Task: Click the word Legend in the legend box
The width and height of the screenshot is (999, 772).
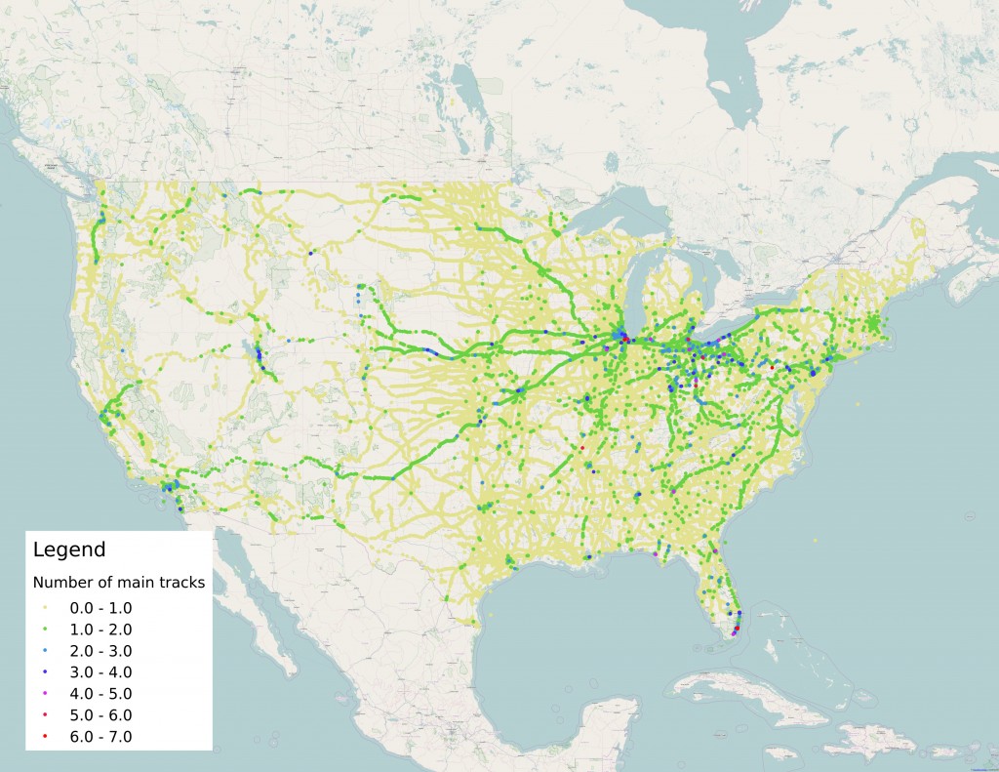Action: pyautogui.click(x=69, y=549)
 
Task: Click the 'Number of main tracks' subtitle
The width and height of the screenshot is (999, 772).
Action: pyautogui.click(x=118, y=583)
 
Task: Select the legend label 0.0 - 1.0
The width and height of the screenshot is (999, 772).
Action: pyautogui.click(x=100, y=608)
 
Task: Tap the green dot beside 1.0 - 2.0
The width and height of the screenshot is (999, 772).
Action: pyautogui.click(x=46, y=630)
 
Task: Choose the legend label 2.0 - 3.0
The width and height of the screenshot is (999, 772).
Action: pyautogui.click(x=100, y=651)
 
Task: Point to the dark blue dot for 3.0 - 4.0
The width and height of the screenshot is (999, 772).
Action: pyautogui.click(x=46, y=672)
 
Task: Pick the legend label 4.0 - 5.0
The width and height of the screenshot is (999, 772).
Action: pyautogui.click(x=100, y=694)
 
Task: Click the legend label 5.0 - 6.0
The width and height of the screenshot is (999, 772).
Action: pyautogui.click(x=100, y=715)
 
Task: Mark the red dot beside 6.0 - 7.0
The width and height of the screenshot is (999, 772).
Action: pyautogui.click(x=46, y=737)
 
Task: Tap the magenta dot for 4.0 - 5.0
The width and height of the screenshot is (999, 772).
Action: pyautogui.click(x=46, y=694)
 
